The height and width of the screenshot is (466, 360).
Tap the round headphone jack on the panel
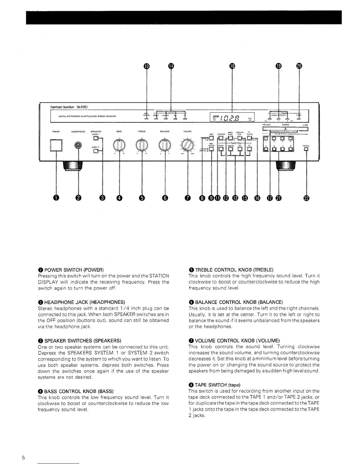78,145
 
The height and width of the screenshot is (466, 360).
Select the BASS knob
119,145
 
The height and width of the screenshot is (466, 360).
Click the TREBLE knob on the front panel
142,145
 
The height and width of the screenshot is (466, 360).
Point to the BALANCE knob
165,145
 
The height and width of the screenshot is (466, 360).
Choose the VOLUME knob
187,145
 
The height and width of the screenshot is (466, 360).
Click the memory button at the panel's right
306,149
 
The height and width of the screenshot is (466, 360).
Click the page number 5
23,458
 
